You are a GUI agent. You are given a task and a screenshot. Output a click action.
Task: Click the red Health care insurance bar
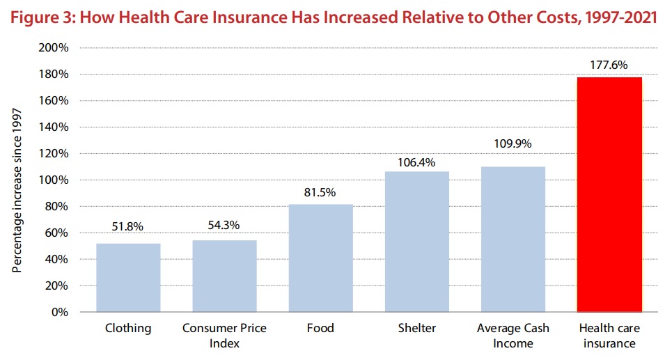coord(609,195)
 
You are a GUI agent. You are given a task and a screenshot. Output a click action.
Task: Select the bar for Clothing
coord(129,278)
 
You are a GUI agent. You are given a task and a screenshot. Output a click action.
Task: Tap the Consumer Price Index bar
coord(224,276)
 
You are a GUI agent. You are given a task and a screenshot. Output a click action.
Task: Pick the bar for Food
coord(320,258)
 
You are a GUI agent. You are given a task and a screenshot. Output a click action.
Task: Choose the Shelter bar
coord(417,242)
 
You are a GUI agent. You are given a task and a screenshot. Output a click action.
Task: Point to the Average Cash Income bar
coord(513,239)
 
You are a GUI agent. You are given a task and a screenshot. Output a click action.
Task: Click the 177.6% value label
coord(609,65)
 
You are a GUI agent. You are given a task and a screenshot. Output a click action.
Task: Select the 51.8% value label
coord(127,226)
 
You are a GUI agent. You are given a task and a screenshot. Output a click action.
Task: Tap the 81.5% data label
coord(320,192)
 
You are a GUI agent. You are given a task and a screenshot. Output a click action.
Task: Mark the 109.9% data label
coord(513,143)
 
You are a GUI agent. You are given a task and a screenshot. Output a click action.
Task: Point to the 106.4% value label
coord(416,162)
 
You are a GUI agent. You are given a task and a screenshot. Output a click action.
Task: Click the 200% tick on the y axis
coord(54,47)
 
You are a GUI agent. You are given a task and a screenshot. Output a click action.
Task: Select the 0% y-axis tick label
coord(60,312)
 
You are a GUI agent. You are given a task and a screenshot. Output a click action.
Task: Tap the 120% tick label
coord(54,153)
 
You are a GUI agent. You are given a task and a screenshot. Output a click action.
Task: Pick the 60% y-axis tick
coord(56,233)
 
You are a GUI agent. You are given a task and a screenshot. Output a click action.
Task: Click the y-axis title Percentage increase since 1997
coord(17,190)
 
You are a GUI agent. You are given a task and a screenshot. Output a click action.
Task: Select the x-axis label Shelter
coord(417,328)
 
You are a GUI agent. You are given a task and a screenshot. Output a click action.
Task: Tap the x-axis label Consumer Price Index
coord(224,336)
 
